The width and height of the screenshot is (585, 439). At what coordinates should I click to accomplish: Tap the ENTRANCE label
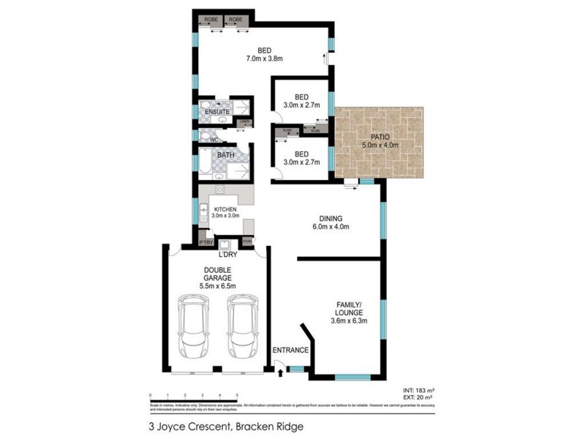point(290,350)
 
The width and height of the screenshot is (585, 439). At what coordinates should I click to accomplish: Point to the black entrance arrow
point(282,374)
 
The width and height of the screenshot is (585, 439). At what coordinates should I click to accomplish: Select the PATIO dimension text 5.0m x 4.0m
point(380,145)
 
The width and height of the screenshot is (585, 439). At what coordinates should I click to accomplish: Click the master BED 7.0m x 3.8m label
point(265,55)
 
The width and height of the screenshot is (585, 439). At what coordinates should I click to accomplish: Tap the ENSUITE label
point(217,112)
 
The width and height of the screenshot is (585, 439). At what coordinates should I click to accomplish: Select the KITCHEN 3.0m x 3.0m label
point(224,213)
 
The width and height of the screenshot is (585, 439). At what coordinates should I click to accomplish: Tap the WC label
point(214,138)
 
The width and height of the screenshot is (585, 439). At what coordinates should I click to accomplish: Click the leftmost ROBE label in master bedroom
point(213,20)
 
